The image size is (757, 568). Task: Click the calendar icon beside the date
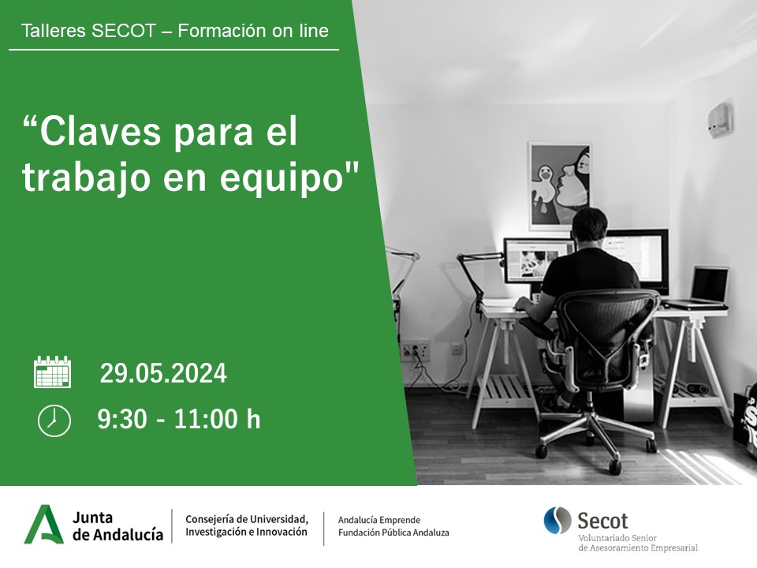tap(53, 372)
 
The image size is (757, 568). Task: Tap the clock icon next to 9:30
tap(54, 420)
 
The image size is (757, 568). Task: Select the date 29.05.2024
tap(163, 373)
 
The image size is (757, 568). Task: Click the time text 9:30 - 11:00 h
tap(179, 420)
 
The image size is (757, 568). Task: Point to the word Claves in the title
tap(95, 133)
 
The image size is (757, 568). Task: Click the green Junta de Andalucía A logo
tap(44, 525)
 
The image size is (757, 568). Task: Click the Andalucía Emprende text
tap(378, 520)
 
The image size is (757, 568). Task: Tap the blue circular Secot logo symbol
tap(557, 521)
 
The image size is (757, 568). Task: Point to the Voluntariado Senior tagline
tap(622, 538)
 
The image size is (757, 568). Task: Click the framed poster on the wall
tap(559, 185)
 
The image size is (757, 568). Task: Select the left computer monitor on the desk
tap(536, 260)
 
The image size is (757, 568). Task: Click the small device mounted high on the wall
tap(719, 118)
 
